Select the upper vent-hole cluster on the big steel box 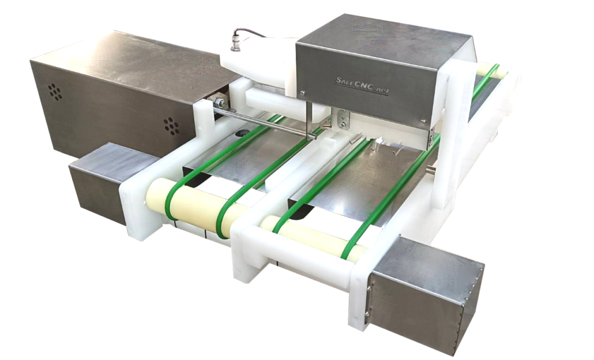(55, 92)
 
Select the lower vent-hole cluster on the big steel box (172, 126)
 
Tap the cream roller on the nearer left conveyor (198, 208)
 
